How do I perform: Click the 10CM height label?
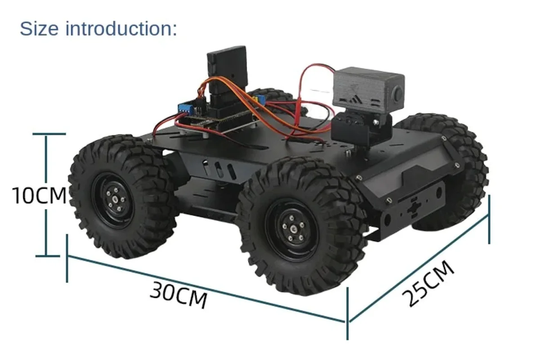point(39,195)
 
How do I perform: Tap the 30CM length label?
point(179,295)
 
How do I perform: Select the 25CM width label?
point(428,284)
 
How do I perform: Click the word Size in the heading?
point(40,29)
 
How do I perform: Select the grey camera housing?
point(368,92)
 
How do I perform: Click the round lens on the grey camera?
point(398,94)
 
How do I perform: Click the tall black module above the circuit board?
point(226,67)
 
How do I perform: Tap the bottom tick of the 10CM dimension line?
point(46,256)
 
